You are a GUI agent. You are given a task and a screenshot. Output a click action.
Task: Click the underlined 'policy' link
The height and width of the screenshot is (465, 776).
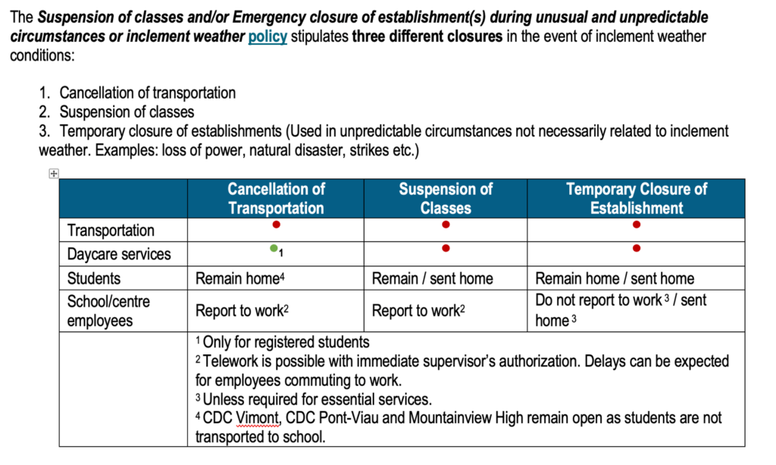[268, 37]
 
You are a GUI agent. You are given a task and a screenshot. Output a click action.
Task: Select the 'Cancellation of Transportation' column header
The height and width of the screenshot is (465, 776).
[276, 199]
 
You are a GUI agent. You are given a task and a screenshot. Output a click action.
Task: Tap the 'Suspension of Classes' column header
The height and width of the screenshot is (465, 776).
[446, 199]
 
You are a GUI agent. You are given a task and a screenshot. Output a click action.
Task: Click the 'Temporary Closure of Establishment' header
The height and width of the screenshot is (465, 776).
[636, 199]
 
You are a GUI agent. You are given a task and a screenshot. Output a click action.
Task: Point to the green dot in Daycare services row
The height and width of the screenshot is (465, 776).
[274, 248]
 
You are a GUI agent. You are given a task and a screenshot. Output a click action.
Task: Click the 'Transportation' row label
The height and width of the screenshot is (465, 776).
[111, 230]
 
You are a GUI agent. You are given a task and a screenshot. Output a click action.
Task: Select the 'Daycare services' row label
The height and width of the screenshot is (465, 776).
[119, 254]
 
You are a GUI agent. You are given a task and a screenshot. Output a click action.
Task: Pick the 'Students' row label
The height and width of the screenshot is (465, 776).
[94, 278]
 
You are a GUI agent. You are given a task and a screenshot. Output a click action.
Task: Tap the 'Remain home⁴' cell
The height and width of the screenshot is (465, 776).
[239, 278]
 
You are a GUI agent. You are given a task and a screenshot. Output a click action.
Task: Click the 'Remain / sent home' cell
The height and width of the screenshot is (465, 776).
[432, 278]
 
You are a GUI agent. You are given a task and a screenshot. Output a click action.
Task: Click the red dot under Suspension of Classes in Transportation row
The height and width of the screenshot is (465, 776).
[446, 225]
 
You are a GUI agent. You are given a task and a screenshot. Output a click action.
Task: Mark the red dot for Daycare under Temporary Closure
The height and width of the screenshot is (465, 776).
[636, 248]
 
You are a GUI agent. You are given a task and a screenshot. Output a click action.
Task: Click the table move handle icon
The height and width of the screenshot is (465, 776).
[54, 174]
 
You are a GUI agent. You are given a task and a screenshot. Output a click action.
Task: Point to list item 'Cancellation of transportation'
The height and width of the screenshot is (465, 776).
[147, 93]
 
